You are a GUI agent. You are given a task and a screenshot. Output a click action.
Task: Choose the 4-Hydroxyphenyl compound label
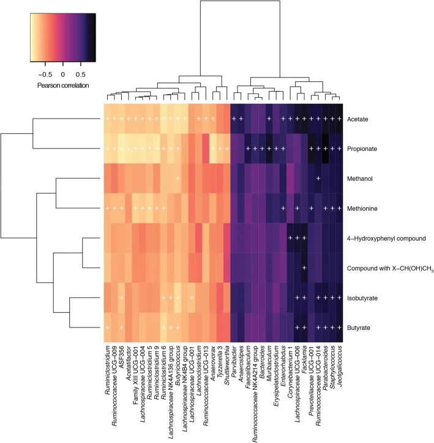(383, 238)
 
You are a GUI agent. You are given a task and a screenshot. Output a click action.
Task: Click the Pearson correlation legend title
(62, 85)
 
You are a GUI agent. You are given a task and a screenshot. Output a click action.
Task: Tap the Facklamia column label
(304, 365)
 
